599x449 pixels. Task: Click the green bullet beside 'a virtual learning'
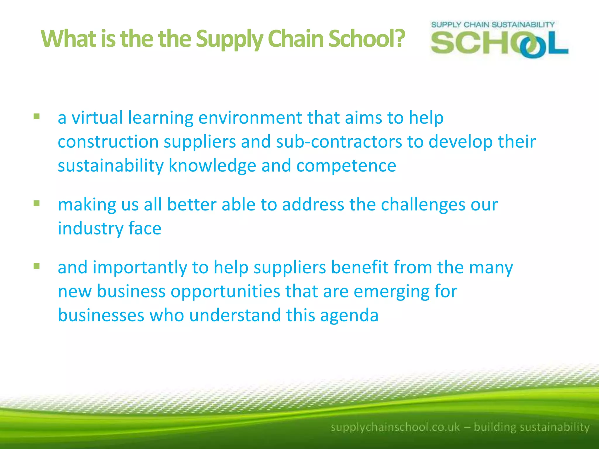(37, 117)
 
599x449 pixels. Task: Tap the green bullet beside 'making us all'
(37, 203)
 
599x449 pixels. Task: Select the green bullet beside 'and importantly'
(37, 266)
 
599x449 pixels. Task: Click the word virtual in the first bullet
(97, 118)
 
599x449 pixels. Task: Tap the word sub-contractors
(339, 142)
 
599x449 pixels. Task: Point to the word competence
(346, 166)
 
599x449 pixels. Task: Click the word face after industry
(145, 228)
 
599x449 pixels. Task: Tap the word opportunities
(226, 291)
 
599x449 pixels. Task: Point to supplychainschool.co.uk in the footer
(395, 427)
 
